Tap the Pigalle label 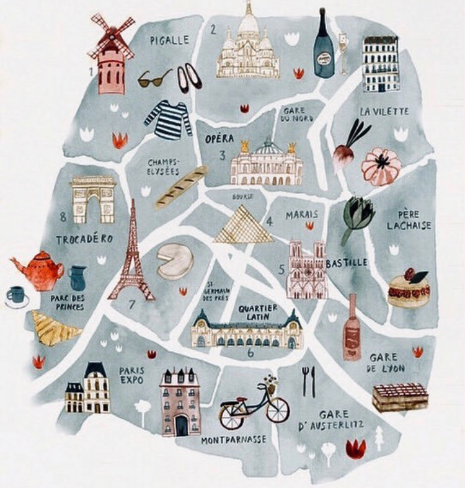pyautogui.click(x=169, y=40)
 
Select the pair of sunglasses pyautogui.click(x=154, y=78)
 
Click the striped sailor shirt pyautogui.click(x=169, y=119)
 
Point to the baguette pyautogui.click(x=181, y=187)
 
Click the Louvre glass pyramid pyautogui.click(x=242, y=226)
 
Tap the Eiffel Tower pyautogui.click(x=131, y=254)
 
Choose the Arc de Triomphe pyautogui.click(x=93, y=199)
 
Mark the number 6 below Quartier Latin pyautogui.click(x=250, y=353)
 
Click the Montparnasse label pyautogui.click(x=234, y=440)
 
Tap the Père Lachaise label pyautogui.click(x=409, y=220)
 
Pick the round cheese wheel pyautogui.click(x=175, y=262)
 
